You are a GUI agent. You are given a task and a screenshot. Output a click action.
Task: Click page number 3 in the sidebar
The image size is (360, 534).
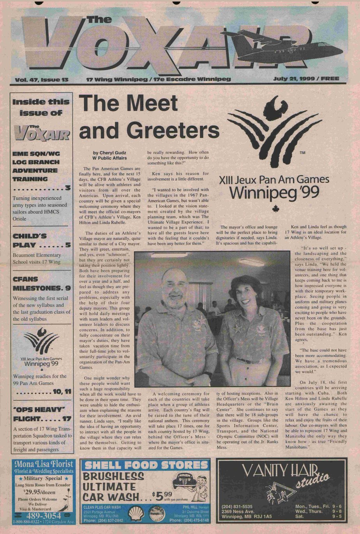(68, 188)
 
